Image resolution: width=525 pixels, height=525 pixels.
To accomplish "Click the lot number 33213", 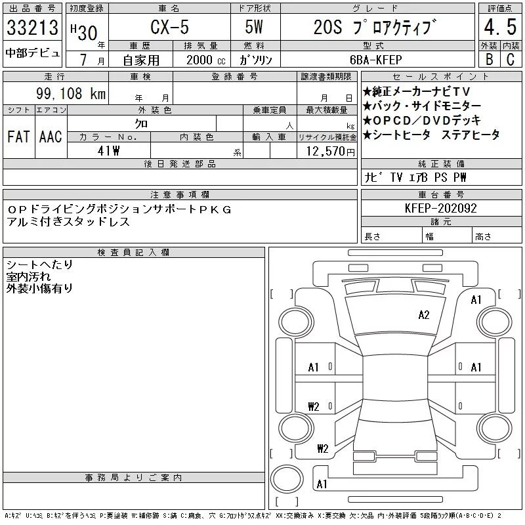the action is coord(32,28).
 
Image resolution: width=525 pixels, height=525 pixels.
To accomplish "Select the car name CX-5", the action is coord(169,27).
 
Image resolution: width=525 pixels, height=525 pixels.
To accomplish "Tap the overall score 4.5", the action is coord(500,27).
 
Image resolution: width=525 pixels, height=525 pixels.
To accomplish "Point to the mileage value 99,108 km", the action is coord(71,93).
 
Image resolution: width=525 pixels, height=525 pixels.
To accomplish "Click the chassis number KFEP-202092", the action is coord(440,208).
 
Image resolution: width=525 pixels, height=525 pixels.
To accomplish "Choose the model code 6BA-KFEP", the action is coord(375,60).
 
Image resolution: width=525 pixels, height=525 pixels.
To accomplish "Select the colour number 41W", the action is coord(108,151).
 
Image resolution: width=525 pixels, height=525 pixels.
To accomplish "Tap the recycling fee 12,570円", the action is coord(331,152).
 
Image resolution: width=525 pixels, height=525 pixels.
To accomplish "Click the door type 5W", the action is coord(254,27).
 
